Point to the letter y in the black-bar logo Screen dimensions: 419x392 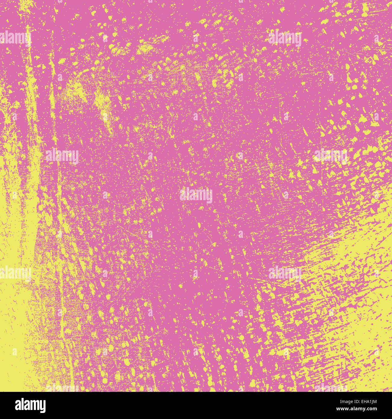click(42, 406)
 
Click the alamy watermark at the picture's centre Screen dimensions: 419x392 click(196, 195)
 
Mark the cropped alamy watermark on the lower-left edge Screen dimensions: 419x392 click(15, 273)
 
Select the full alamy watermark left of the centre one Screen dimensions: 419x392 click(62, 156)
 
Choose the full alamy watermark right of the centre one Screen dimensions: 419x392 click(330, 156)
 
